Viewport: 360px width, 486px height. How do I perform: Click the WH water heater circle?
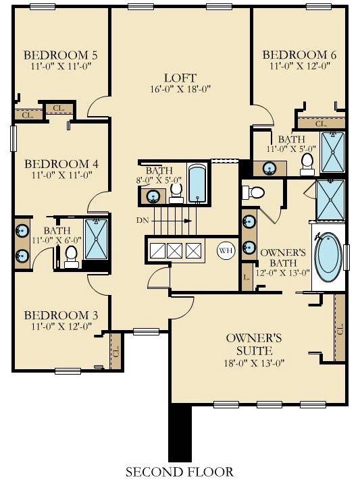point(226,250)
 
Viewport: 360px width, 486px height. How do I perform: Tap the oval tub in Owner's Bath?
point(328,257)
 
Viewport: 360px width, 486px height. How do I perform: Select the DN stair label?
point(143,221)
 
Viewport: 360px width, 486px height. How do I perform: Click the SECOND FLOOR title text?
point(179,472)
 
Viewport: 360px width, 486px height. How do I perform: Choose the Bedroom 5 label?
point(61,55)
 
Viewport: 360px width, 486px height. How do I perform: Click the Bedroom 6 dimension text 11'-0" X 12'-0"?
point(299,66)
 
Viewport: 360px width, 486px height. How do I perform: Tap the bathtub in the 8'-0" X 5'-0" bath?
point(197,184)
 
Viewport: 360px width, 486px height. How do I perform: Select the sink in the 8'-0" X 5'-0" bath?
point(153,196)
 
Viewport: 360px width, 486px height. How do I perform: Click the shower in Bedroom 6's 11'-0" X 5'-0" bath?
point(333,152)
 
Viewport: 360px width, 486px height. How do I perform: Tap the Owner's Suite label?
point(254,344)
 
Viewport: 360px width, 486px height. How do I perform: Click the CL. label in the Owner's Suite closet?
point(340,329)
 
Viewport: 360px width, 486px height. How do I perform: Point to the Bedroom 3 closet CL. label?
point(116,352)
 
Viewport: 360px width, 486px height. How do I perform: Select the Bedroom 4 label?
point(61,164)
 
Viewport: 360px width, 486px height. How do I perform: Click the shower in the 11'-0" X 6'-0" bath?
point(96,239)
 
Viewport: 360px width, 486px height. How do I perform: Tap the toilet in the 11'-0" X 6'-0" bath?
point(72,257)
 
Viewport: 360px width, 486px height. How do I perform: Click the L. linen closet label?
point(247,277)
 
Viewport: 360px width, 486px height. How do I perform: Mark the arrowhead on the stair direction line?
point(188,221)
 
